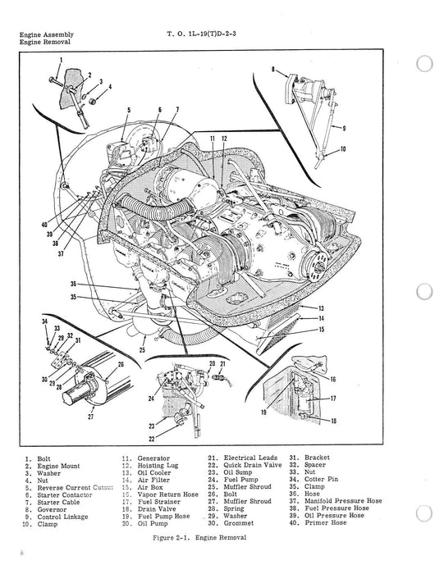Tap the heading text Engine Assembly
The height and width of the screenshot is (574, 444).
pyautogui.click(x=46, y=34)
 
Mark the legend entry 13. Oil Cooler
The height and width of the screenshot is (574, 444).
pyautogui.click(x=146, y=473)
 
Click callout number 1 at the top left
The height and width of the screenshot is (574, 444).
pyautogui.click(x=60, y=62)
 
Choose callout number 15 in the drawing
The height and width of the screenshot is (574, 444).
pyautogui.click(x=321, y=330)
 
